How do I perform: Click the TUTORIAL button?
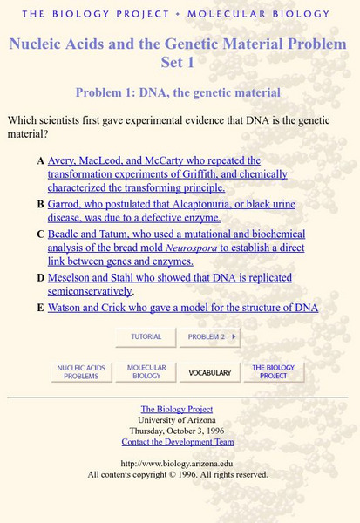coord(146,336)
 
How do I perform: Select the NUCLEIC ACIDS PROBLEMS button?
coord(82,372)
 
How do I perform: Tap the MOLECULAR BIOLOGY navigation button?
coord(146,372)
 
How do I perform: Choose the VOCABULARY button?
coord(210,372)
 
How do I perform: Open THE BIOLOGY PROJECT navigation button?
coord(274,372)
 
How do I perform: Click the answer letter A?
coord(41,161)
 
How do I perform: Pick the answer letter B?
coord(41,205)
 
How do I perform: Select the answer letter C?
coord(41,234)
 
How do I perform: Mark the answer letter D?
coord(41,278)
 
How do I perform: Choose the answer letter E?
coord(41,308)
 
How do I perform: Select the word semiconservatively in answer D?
coord(89,291)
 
